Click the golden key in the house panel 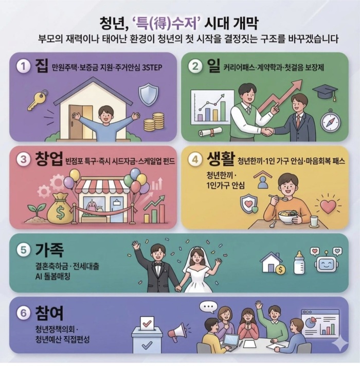pyautogui.click(x=38, y=100)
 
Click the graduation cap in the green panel pyautogui.click(x=325, y=92)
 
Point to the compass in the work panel pyautogui.click(x=330, y=121)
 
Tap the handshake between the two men pyautogui.click(x=267, y=132)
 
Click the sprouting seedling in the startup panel pyautogui.click(x=36, y=212)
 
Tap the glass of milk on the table pyautogui.click(x=314, y=221)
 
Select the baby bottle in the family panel pyautogui.click(x=299, y=263)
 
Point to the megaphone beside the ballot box pyautogui.click(x=178, y=331)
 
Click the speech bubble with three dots pyautogui.click(x=208, y=307)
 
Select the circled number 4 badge pyautogui.click(x=195, y=160)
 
